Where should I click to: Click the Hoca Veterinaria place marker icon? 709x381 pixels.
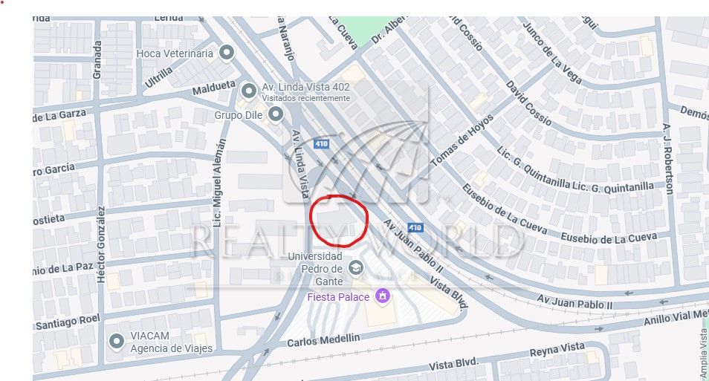click(x=227, y=53)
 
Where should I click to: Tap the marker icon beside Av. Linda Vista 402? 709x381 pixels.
click(x=249, y=91)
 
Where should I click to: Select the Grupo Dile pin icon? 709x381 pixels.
click(x=276, y=114)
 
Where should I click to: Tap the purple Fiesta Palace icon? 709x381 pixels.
click(x=383, y=296)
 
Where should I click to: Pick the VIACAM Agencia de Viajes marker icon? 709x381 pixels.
click(x=117, y=342)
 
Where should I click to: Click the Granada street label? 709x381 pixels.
click(x=97, y=59)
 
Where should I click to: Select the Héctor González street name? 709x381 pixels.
click(x=102, y=244)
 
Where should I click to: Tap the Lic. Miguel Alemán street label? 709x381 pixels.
click(x=219, y=193)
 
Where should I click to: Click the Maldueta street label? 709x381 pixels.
click(x=214, y=89)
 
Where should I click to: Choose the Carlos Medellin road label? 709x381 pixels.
click(x=323, y=339)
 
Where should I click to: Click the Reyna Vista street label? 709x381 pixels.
click(x=557, y=350)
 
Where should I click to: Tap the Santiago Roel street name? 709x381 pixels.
click(x=68, y=323)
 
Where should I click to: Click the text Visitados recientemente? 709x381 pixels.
click(x=305, y=98)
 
